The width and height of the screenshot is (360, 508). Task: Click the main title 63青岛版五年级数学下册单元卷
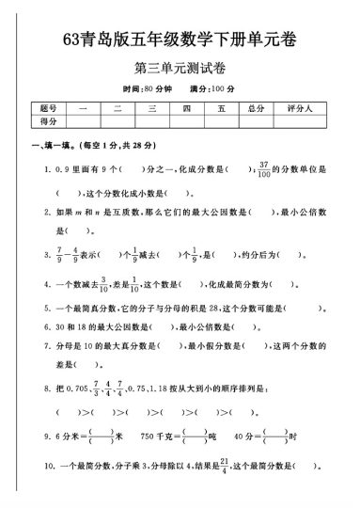pyautogui.click(x=180, y=40)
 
